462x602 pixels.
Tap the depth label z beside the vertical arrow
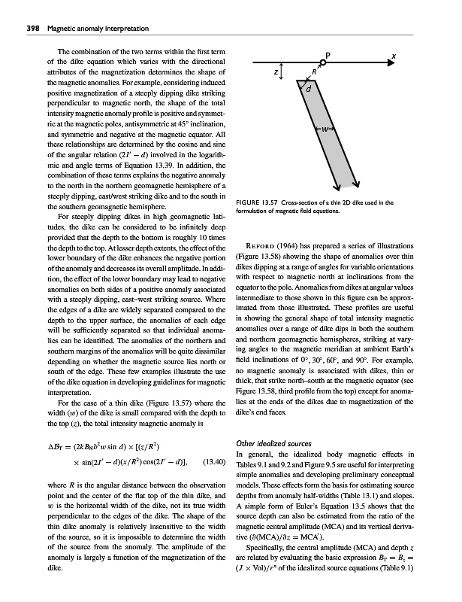coord(277,74)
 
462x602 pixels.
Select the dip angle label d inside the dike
coord(308,87)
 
